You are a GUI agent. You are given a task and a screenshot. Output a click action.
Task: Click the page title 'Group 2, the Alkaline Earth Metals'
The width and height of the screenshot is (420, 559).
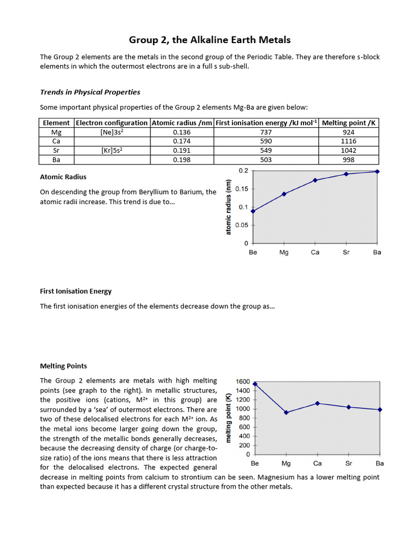(210, 39)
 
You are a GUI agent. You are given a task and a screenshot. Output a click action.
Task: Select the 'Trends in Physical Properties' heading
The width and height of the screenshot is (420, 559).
(90, 92)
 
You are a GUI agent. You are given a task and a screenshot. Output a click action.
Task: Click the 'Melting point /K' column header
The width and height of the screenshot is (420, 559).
(348, 123)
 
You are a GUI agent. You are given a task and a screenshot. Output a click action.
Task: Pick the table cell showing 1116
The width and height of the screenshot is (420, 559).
(348, 141)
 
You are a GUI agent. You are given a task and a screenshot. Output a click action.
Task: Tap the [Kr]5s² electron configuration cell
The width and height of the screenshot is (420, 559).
(112, 151)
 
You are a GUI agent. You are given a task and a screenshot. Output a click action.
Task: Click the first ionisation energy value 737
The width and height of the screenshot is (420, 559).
(267, 132)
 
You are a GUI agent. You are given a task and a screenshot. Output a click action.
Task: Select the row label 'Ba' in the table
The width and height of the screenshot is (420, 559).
(56, 160)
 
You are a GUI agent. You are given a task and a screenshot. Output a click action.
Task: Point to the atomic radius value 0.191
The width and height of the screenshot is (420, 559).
(182, 151)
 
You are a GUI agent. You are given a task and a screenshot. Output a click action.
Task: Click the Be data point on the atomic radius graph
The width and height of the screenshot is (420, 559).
(253, 211)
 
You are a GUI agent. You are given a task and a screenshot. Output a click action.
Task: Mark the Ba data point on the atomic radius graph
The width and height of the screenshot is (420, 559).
(377, 171)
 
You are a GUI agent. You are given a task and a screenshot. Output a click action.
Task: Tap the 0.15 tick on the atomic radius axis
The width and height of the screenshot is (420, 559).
(241, 189)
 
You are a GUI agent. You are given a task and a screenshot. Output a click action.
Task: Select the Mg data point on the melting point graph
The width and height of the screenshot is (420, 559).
(286, 412)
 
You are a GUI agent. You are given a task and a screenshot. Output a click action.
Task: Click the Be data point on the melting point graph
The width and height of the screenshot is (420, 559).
(255, 384)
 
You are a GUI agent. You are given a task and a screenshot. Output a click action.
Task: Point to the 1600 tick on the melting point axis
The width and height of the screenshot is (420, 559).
(243, 382)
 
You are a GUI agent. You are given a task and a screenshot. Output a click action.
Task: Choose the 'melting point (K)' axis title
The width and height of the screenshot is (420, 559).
(229, 418)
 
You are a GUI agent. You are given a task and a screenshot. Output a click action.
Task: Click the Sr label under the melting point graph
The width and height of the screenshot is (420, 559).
(348, 463)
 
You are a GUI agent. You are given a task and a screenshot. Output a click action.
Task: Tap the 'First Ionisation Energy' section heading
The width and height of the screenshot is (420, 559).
(76, 291)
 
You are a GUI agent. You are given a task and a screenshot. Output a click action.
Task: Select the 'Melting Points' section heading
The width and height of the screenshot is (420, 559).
(63, 366)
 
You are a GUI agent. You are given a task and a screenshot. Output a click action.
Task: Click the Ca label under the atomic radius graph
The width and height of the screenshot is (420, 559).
(315, 252)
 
